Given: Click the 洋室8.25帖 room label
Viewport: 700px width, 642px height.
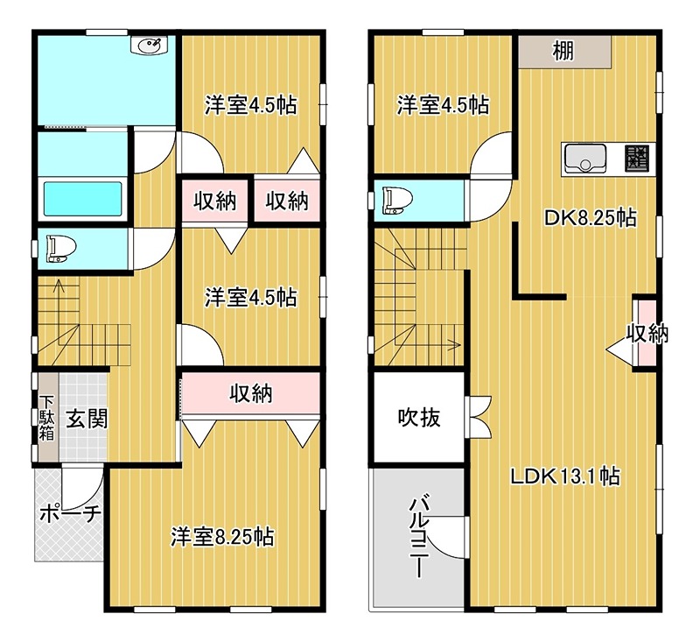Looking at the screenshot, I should tap(221, 535).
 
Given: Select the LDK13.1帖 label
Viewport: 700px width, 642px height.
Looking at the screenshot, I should tap(565, 476).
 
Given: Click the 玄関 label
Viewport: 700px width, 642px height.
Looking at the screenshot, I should tap(86, 419).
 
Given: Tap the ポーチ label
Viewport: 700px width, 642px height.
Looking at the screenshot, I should tap(70, 514).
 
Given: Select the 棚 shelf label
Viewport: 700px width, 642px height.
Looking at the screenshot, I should tap(563, 52).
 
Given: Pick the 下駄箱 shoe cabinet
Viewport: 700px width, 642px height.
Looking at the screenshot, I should tap(46, 417).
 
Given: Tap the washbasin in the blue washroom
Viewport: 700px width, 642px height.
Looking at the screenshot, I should tap(147, 46).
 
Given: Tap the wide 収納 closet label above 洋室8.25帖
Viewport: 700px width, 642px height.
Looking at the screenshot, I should tap(250, 393).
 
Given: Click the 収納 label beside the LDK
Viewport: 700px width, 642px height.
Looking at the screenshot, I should tap(647, 333).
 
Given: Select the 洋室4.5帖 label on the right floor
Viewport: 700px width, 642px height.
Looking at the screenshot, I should tap(442, 105).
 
